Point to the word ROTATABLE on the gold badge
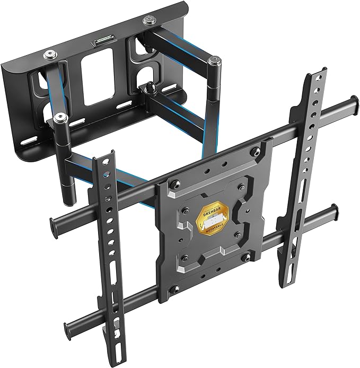[217, 230]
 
